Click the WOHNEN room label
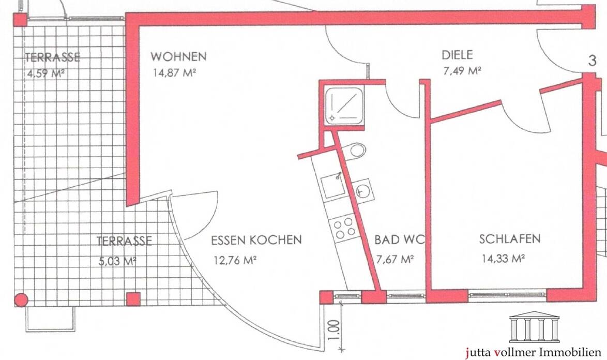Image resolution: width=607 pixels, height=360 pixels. pyautogui.click(x=178, y=56)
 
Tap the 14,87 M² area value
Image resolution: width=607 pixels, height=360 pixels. pyautogui.click(x=174, y=73)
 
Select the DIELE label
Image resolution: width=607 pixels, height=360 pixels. pyautogui.click(x=457, y=55)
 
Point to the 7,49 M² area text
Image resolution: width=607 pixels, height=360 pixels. pyautogui.click(x=462, y=71)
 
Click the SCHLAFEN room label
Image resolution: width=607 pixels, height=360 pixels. pyautogui.click(x=509, y=239)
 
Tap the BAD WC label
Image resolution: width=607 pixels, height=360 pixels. pyautogui.click(x=399, y=240)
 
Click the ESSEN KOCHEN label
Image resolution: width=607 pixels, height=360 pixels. pyautogui.click(x=256, y=241)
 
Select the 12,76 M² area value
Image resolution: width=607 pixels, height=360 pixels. pyautogui.click(x=235, y=260)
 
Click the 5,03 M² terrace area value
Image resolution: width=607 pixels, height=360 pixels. pyautogui.click(x=117, y=261)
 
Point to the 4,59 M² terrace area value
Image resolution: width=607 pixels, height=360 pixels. pyautogui.click(x=44, y=73)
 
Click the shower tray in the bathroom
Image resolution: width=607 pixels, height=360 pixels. pyautogui.click(x=344, y=105)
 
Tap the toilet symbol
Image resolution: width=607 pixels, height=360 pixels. pyautogui.click(x=356, y=151)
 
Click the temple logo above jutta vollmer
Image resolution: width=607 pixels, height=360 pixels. pyautogui.click(x=534, y=326)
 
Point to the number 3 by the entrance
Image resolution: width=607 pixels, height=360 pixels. pyautogui.click(x=593, y=61)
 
